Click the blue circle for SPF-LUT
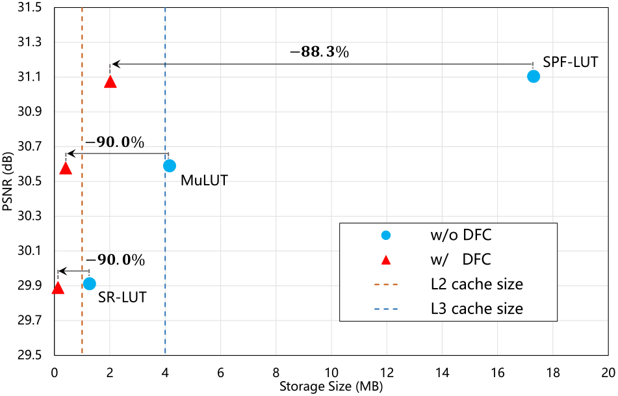pos(534,76)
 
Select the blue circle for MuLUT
pos(170,166)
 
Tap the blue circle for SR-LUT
pos(90,284)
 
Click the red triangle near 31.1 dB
pos(110,82)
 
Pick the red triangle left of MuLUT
pos(66,168)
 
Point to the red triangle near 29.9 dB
pos(58,288)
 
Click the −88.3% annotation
pos(319,52)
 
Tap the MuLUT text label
pos(204,180)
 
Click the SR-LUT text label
pos(122,298)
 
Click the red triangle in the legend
pos(385,260)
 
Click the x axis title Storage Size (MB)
pos(331,387)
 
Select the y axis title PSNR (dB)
pos(8,182)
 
